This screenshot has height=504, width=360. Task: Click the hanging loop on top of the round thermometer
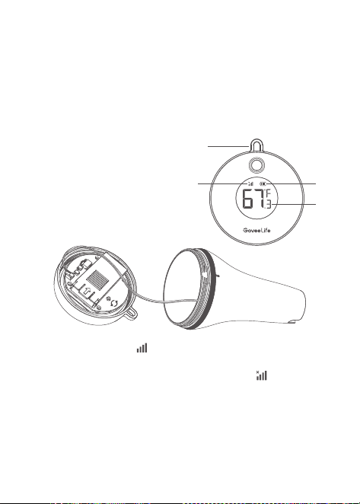click(x=256, y=140)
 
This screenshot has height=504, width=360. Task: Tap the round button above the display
click(x=256, y=165)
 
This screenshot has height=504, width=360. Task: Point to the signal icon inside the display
click(x=250, y=183)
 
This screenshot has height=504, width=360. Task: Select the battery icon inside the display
click(x=263, y=183)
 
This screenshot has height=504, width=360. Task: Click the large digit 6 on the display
click(x=248, y=199)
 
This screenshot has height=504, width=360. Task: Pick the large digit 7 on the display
click(x=260, y=199)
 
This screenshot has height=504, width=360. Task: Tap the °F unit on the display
click(x=267, y=193)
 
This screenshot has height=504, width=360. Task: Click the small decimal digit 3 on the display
click(x=268, y=205)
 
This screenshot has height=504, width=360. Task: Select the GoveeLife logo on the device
click(x=256, y=230)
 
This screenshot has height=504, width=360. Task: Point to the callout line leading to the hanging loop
click(x=228, y=146)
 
